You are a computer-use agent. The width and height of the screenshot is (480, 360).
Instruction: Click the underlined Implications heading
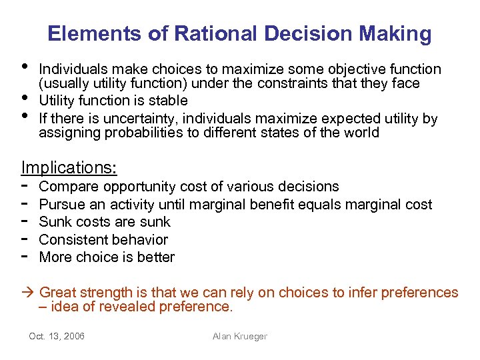[x=69, y=167]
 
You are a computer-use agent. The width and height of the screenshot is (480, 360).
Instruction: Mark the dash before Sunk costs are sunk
[x=25, y=222]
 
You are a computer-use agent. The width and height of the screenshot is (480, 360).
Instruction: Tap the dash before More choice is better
[x=25, y=257]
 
